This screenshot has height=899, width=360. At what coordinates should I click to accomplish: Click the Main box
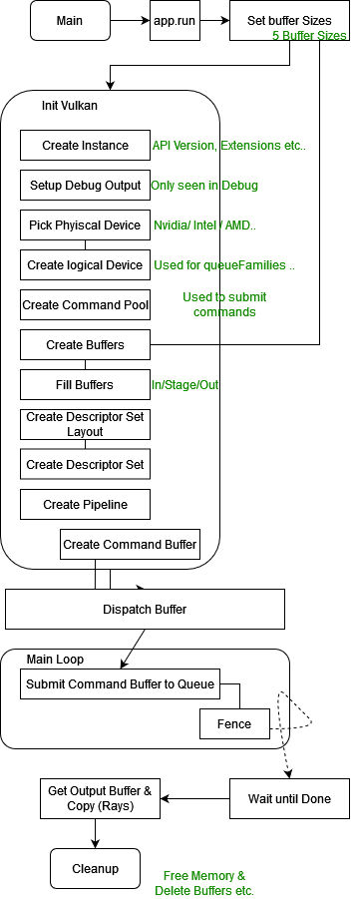[x=70, y=20]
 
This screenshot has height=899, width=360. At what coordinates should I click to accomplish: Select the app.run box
[x=176, y=20]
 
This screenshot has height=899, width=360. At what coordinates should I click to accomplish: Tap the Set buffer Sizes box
[x=289, y=20]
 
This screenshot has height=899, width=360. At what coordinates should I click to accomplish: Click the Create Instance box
[x=85, y=146]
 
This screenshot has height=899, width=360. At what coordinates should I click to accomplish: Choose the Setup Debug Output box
[x=85, y=185]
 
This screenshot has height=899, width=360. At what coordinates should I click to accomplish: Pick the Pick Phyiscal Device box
[x=85, y=225]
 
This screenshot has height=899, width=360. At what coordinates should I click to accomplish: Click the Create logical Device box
[x=85, y=264]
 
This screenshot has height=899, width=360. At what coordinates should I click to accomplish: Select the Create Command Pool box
[x=85, y=304]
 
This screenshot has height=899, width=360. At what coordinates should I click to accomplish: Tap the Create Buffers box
[x=85, y=344]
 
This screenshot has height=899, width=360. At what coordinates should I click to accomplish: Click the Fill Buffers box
[x=85, y=384]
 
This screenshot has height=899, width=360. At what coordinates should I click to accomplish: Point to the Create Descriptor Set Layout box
[x=85, y=424]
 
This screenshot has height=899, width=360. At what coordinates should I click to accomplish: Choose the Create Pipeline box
[x=85, y=504]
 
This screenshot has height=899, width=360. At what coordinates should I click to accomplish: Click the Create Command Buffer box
[x=130, y=544]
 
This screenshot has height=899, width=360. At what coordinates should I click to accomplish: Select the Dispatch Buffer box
[x=145, y=609]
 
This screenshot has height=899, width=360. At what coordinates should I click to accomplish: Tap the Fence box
[x=235, y=723]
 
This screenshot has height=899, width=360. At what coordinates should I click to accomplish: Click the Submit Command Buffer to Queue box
[x=120, y=684]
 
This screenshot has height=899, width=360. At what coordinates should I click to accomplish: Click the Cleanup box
[x=95, y=868]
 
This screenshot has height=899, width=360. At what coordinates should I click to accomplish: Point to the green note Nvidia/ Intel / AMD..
[x=204, y=225]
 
